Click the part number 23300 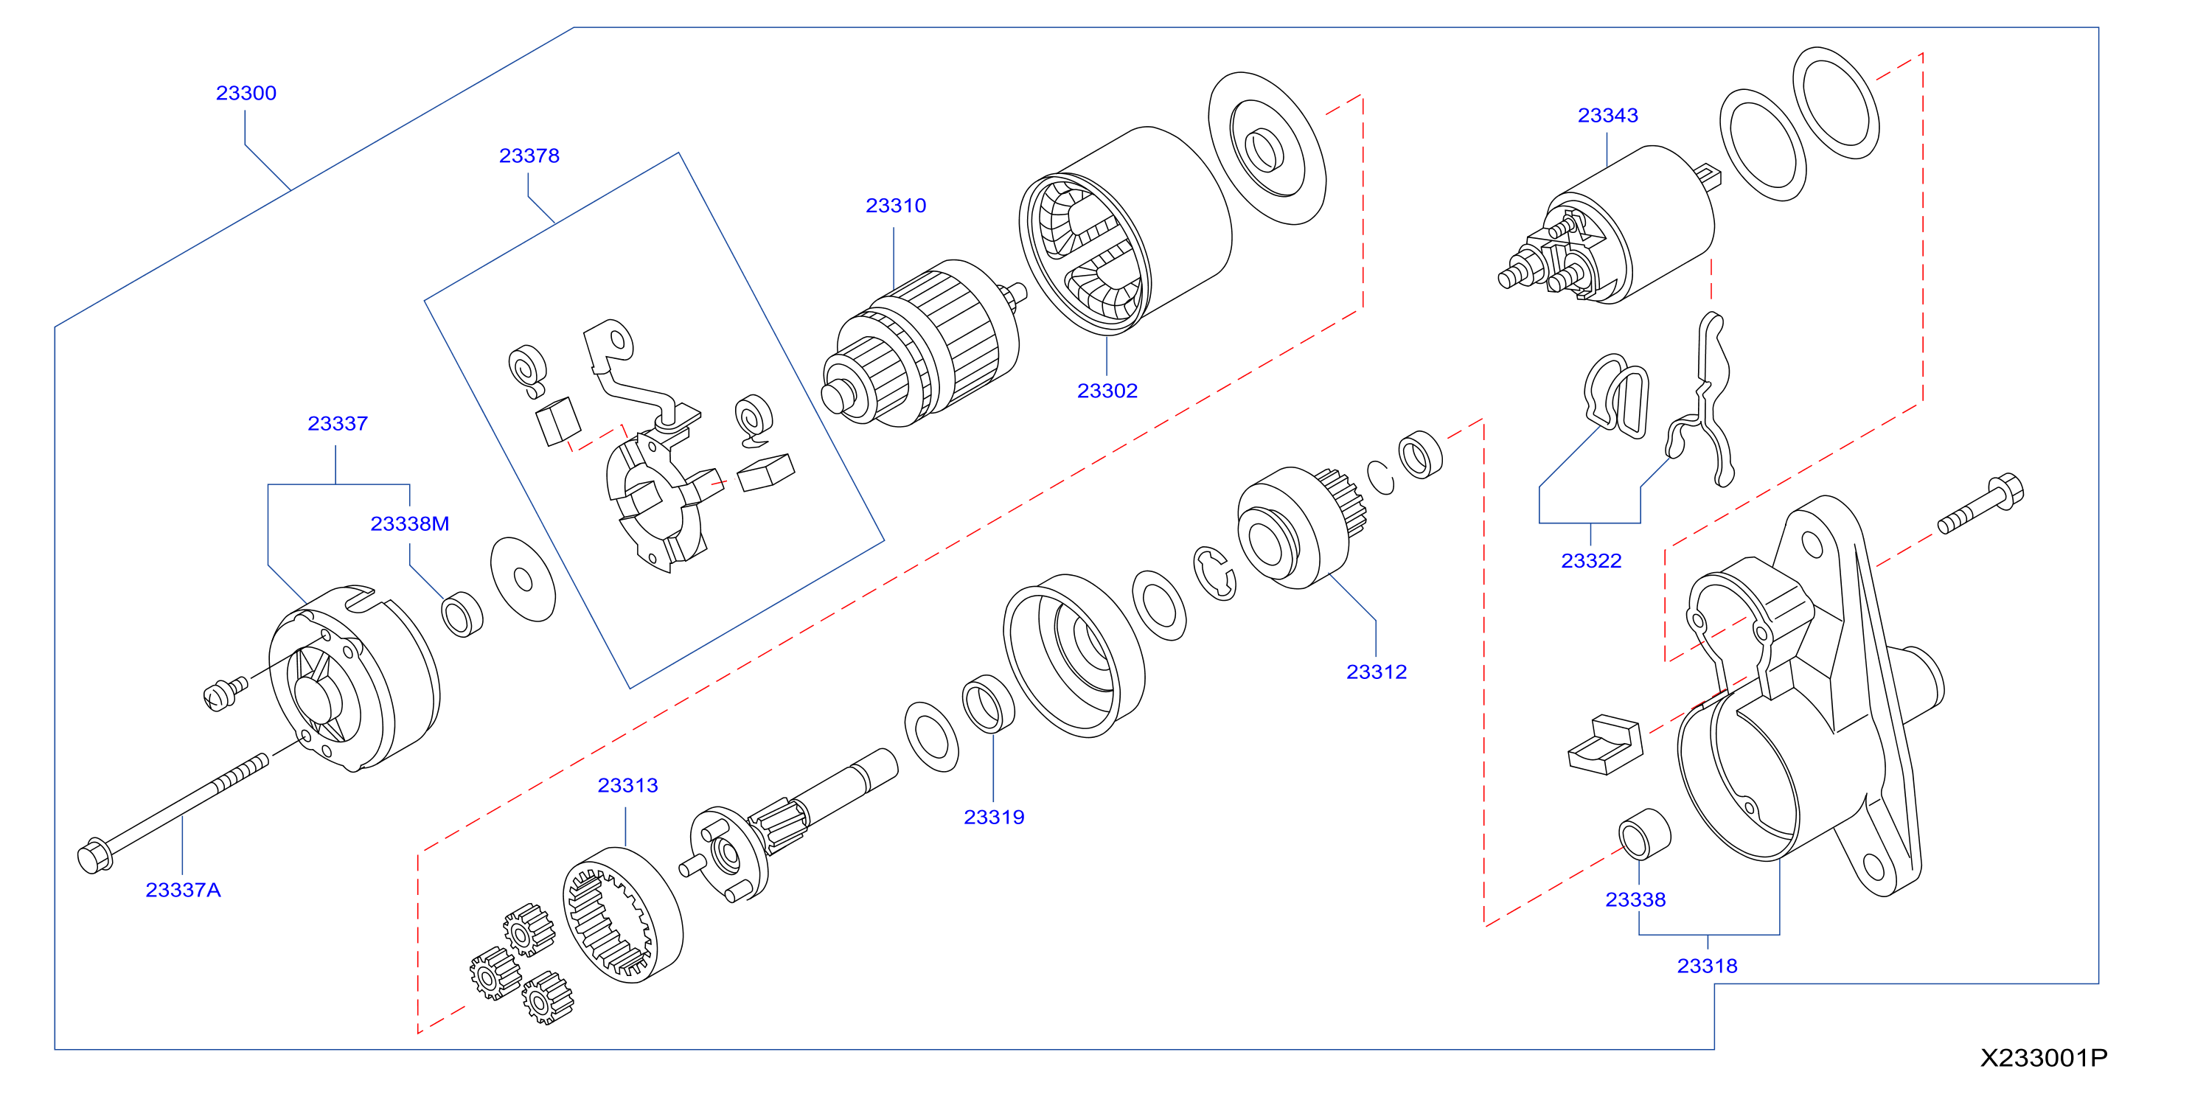(x=246, y=93)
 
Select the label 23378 (x=529, y=156)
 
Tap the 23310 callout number (x=896, y=206)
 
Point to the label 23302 (x=1107, y=391)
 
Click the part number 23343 (x=1607, y=115)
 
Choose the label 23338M (x=409, y=524)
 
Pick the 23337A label (x=183, y=890)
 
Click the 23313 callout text (x=628, y=785)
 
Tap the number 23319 (x=994, y=817)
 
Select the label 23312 (x=1377, y=672)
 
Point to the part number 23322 (x=1591, y=560)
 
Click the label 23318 (x=1707, y=966)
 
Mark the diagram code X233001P (x=2044, y=1057)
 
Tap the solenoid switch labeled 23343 (x=1608, y=226)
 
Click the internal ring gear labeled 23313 (x=623, y=915)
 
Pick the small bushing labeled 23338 (x=1644, y=834)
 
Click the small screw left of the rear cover (x=226, y=692)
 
